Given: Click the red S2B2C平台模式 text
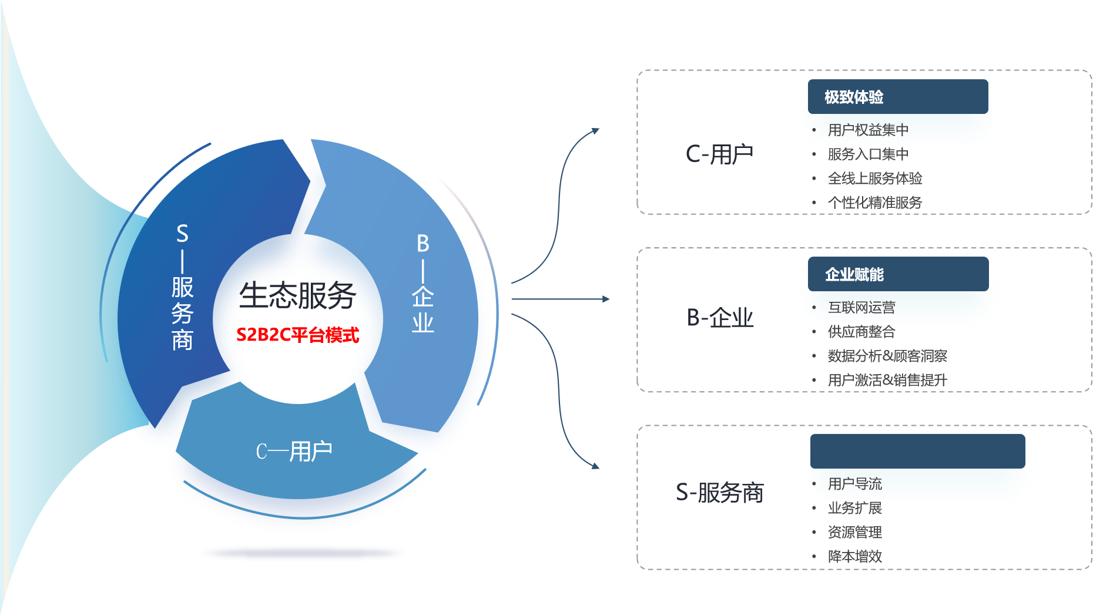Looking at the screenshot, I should coord(297,335).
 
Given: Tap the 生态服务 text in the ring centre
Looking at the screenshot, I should coord(298,295).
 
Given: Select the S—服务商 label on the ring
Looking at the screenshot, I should coord(182,287).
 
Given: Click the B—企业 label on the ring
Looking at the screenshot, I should coord(423,283).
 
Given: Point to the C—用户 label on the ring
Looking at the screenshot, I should coord(294,452).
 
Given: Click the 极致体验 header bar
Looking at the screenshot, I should coord(897,97).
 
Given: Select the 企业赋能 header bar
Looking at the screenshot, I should coord(897,274).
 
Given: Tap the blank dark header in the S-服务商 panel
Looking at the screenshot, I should coord(917,452).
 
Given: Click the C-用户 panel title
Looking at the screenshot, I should coord(719,154).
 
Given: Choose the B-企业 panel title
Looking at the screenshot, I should coord(720,318).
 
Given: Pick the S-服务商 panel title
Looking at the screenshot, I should coord(719,493).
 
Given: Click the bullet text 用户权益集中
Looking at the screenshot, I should coord(868,130).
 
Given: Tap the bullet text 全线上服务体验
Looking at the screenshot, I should coord(874,178).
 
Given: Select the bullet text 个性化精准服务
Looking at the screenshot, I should coord(874,203).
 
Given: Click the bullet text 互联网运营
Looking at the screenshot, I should coord(861,307).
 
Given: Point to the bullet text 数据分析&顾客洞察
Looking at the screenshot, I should coord(887,356).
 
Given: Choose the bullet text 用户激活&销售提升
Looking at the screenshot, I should coord(887,380).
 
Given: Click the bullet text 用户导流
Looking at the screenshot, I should coord(854,484).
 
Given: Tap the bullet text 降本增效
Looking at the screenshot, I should coord(854,556).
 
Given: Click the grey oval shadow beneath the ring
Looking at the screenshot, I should coord(303,553).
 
